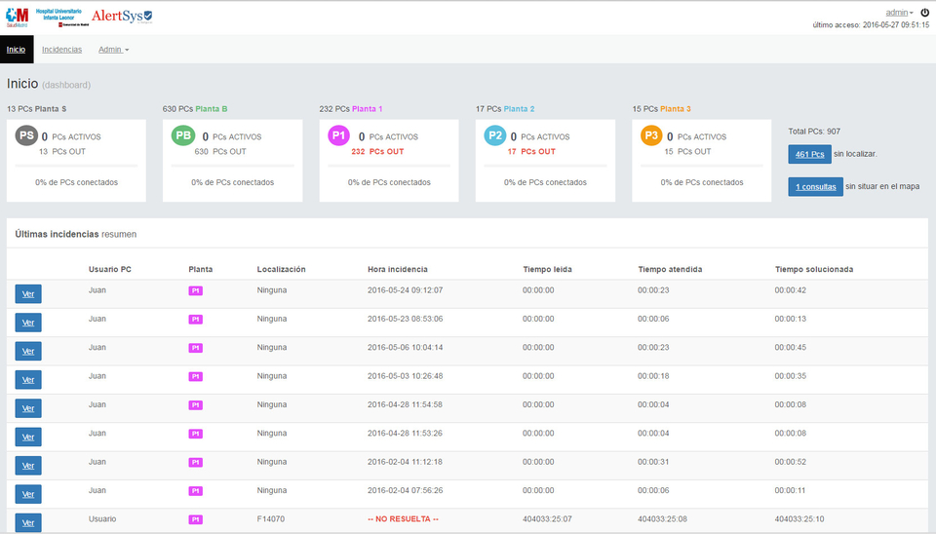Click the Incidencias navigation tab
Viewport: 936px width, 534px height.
[x=61, y=50]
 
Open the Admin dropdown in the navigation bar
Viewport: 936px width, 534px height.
[x=113, y=50]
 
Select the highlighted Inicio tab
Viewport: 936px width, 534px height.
[x=16, y=50]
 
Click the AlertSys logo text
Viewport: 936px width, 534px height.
[x=122, y=17]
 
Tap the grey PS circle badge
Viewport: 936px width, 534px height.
[x=27, y=136]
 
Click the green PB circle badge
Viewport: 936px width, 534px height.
[x=183, y=136]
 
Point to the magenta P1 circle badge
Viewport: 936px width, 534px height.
[x=339, y=136]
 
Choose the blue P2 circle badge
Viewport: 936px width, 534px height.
[x=495, y=136]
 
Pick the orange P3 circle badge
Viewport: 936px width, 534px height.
[x=651, y=136]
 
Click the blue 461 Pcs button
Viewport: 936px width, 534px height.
[x=809, y=154]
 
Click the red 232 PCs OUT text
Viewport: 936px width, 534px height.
[x=377, y=152]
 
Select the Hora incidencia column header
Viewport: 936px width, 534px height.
[x=397, y=269]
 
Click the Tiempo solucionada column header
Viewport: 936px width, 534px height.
[x=814, y=269]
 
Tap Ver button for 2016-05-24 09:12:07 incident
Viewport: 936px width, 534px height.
[x=28, y=294]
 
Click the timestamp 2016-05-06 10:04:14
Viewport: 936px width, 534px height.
[x=405, y=348]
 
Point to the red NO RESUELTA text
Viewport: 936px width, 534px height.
[x=403, y=519]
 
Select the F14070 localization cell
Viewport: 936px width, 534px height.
[x=272, y=519]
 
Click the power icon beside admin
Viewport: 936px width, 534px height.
[x=924, y=13]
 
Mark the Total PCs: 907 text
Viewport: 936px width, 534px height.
[x=814, y=131]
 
